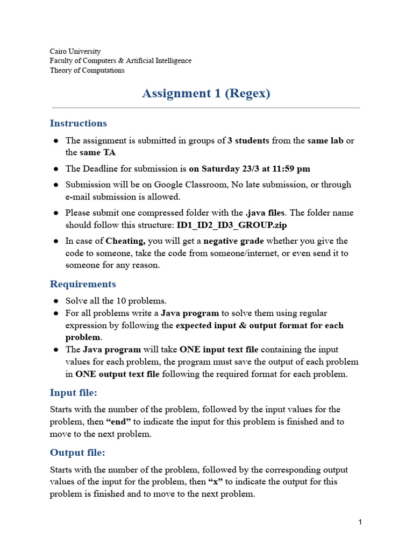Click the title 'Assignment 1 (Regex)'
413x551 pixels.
[206, 94]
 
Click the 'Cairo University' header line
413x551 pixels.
[75, 52]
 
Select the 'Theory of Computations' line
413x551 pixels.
[87, 70]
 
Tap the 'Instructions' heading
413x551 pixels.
[78, 123]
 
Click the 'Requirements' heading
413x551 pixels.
[83, 284]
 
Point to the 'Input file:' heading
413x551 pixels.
[74, 392]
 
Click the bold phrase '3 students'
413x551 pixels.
[248, 140]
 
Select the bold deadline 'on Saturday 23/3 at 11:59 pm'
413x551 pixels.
[250, 168]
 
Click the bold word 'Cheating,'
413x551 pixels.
[126, 241]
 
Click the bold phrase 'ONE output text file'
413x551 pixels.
[117, 374]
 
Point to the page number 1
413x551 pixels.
[360, 522]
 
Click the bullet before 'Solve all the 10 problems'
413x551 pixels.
[56, 301]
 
